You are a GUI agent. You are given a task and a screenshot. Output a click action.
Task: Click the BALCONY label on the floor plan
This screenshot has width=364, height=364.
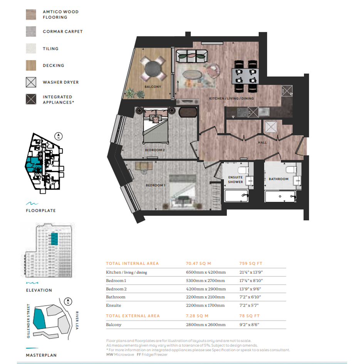pyautogui.click(x=153, y=87)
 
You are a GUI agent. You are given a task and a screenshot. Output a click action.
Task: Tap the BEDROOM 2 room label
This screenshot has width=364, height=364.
pyautogui.click(x=155, y=150)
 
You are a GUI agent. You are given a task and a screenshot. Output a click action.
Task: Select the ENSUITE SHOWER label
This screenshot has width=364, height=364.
pyautogui.click(x=235, y=179)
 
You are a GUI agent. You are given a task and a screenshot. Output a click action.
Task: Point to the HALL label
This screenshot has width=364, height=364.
pyautogui.click(x=262, y=143)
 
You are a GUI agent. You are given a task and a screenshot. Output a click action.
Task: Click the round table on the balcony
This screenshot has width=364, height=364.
pyautogui.click(x=153, y=69)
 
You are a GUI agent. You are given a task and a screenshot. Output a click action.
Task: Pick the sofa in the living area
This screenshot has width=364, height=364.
pyautogui.click(x=192, y=56)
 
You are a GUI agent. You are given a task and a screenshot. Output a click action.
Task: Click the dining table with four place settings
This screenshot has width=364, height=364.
pyautogui.click(x=245, y=76)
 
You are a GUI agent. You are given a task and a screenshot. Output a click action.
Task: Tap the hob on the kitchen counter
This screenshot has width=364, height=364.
pyautogui.click(x=242, y=112)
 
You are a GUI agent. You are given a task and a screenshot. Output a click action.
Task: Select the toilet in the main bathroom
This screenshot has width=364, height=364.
pyautogui.click(x=291, y=169)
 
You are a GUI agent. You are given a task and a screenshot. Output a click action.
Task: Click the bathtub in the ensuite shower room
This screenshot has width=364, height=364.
pyautogui.click(x=237, y=195)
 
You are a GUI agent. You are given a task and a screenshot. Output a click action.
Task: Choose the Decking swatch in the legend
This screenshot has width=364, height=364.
pyautogui.click(x=31, y=65)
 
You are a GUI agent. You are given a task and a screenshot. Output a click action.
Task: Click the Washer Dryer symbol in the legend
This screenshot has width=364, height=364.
pyautogui.click(x=31, y=82)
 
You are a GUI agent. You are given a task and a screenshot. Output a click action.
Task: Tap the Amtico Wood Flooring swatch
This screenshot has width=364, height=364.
pyautogui.click(x=31, y=15)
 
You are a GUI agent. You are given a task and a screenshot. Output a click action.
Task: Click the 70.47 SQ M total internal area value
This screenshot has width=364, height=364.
pyautogui.click(x=198, y=263)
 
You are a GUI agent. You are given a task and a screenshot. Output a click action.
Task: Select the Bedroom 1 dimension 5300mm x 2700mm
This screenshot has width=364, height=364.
pyautogui.click(x=205, y=281)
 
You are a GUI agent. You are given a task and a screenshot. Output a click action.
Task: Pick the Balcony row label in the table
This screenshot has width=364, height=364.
pyautogui.click(x=114, y=325)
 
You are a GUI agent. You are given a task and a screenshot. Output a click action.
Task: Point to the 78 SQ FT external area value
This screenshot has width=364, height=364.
pyautogui.click(x=249, y=316)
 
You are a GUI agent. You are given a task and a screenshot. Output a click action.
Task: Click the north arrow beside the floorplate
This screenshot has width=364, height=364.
pyautogui.click(x=58, y=136)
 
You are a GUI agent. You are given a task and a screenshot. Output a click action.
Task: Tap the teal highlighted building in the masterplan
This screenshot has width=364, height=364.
pyautogui.click(x=39, y=318)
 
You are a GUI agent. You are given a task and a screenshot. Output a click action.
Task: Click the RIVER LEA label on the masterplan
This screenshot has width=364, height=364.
pyautogui.click(x=77, y=320)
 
